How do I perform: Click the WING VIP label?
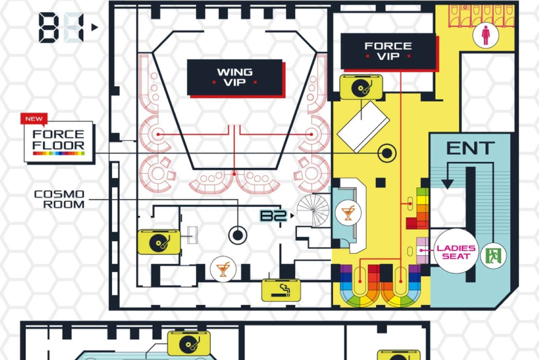click(x=235, y=77)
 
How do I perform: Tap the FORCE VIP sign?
click(x=388, y=51)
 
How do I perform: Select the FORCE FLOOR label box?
click(x=59, y=141)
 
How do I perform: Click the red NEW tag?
click(x=34, y=119)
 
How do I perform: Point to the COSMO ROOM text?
click(x=60, y=199)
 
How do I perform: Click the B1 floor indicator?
click(x=61, y=28)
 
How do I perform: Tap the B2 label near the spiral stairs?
click(x=273, y=216)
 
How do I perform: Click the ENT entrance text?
click(x=470, y=148)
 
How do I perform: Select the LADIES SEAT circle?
click(x=456, y=252)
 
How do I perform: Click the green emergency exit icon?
click(x=493, y=256)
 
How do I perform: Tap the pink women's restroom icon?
click(x=485, y=35)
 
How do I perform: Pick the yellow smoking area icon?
click(x=281, y=290)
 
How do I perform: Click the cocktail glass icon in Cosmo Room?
click(x=223, y=269)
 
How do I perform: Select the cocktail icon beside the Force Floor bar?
click(x=348, y=213)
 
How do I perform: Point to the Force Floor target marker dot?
click(x=387, y=153)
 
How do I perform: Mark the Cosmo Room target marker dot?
click(x=238, y=235)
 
